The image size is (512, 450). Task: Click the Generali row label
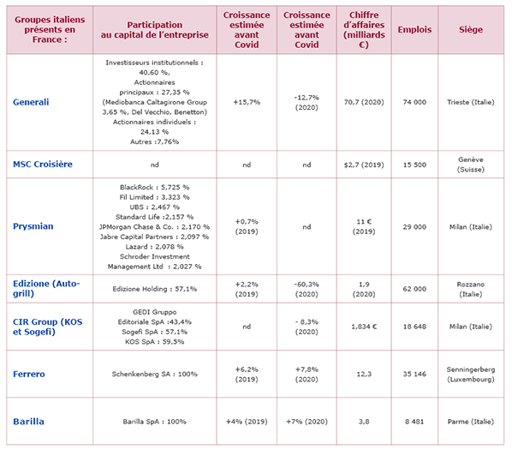point(31,102)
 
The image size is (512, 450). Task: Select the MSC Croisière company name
point(43,164)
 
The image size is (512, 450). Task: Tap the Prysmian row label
point(33,226)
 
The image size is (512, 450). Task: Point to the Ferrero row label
point(29,374)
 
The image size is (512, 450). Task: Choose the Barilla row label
point(28,421)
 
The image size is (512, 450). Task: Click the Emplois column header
point(414,29)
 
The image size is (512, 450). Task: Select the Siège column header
point(471,29)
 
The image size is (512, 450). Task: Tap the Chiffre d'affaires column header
point(364,30)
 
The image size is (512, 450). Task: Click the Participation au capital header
point(154,30)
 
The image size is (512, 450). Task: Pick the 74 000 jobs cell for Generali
point(414,102)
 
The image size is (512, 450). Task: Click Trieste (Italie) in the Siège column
point(471,102)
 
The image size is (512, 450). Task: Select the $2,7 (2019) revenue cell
point(364,165)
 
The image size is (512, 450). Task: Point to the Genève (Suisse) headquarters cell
point(471,165)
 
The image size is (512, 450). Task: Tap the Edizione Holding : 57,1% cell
point(154,289)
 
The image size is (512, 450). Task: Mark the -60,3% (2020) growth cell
point(307,289)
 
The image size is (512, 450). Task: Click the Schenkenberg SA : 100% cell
point(154,374)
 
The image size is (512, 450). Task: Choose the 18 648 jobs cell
point(414,327)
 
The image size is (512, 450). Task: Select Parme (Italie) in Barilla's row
point(471,422)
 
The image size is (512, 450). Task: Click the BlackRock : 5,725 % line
point(154,187)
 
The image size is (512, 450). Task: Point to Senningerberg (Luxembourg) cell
point(471,375)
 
